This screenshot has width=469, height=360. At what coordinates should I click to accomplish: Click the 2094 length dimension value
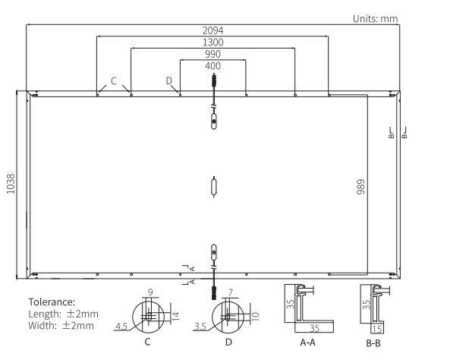[x=212, y=30]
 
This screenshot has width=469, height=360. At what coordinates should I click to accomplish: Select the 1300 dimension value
[x=212, y=43]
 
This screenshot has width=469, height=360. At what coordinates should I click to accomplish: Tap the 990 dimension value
[x=212, y=54]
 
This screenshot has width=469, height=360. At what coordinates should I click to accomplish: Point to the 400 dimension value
[x=212, y=66]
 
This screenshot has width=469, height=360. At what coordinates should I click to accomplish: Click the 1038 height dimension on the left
[x=11, y=184]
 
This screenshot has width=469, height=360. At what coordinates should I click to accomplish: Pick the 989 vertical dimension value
[x=360, y=187]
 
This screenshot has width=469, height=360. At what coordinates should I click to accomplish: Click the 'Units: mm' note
[x=376, y=19]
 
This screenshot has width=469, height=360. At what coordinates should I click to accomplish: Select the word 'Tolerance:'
[x=52, y=302]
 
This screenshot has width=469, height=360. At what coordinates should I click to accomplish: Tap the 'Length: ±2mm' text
[x=64, y=314]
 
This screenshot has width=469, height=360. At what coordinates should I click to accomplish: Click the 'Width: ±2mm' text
[x=61, y=326]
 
